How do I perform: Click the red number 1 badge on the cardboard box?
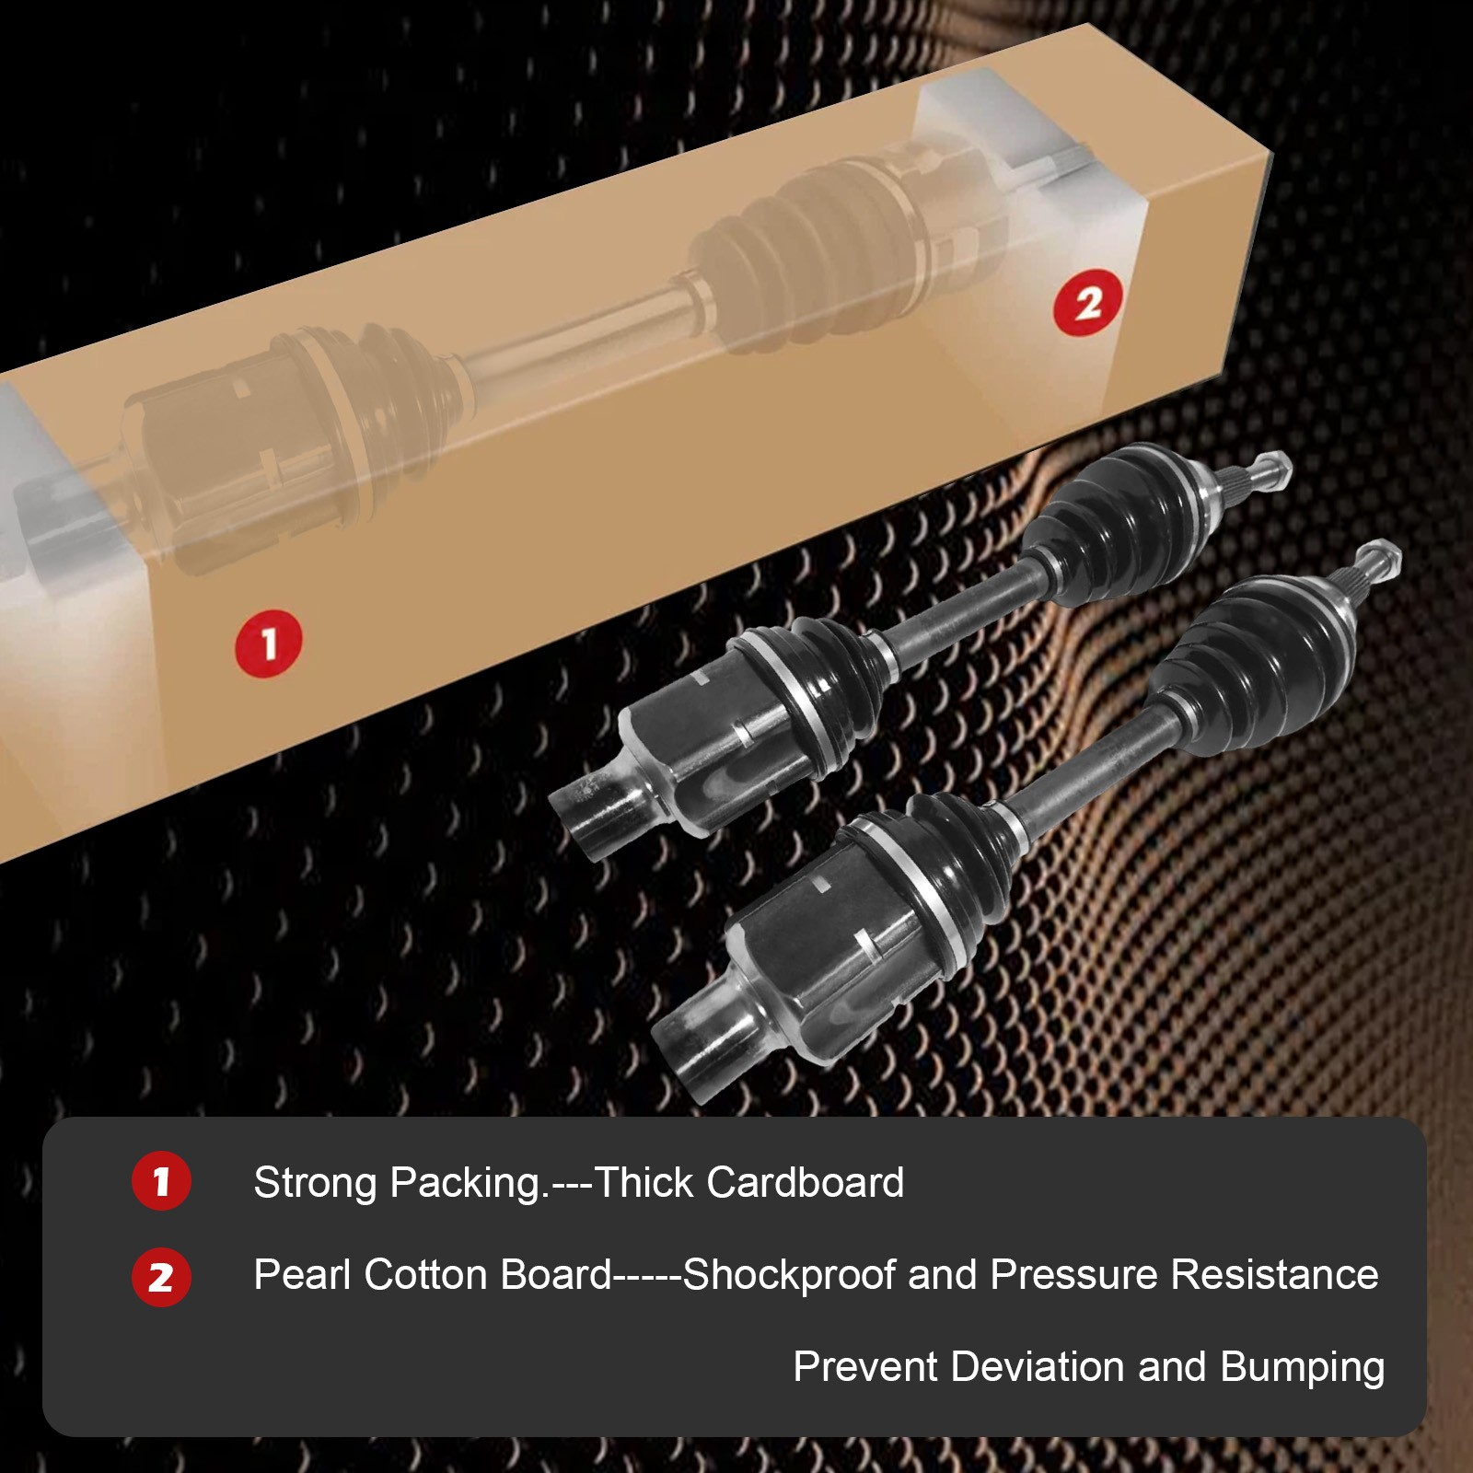pos(269,644)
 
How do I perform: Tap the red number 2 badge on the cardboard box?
pos(1089,303)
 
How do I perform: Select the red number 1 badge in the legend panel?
pos(161,1181)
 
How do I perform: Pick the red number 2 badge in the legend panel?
pos(161,1277)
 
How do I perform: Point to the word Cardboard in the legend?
pos(806,1183)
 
